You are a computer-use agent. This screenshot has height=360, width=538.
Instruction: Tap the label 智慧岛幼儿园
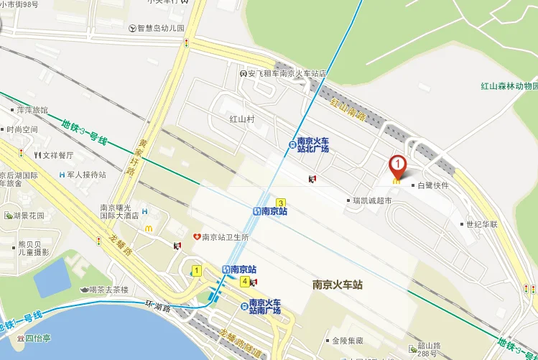click(160, 29)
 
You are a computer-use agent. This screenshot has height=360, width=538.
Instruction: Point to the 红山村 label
click(242, 119)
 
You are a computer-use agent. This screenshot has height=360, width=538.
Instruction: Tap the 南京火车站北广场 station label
click(313, 144)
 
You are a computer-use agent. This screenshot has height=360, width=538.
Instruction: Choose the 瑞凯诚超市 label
click(371, 200)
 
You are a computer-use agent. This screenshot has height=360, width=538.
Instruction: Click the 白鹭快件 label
click(433, 185)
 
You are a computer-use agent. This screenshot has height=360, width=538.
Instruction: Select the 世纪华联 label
click(481, 224)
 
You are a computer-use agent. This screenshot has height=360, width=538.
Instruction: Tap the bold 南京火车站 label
click(338, 285)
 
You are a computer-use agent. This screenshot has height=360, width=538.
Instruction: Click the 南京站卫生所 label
click(225, 236)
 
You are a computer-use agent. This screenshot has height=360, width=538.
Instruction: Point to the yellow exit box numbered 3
click(281, 203)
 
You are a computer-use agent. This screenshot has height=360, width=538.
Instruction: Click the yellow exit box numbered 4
click(245, 281)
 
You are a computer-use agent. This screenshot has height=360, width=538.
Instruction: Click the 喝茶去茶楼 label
click(108, 290)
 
